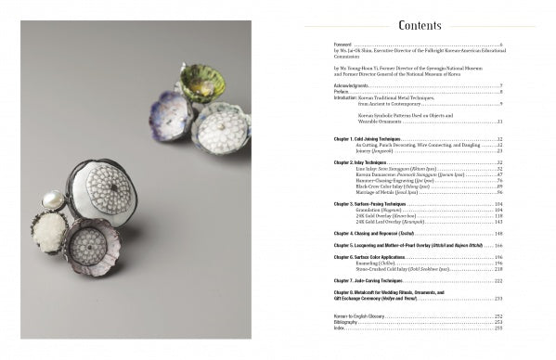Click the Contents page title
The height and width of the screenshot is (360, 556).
click(x=420, y=25)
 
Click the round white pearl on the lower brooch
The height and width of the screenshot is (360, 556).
click(x=52, y=199)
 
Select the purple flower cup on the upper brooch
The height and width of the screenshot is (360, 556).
click(x=173, y=115)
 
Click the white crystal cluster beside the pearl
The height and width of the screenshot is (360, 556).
click(x=48, y=231)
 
